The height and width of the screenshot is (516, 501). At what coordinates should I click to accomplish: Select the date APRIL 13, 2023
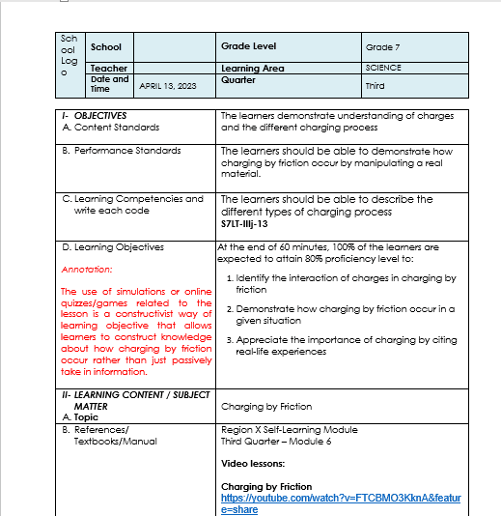(168, 86)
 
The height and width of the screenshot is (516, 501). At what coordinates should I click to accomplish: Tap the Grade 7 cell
(379, 47)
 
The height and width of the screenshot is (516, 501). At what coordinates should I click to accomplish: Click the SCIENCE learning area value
(383, 69)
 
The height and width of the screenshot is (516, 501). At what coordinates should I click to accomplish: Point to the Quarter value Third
(375, 86)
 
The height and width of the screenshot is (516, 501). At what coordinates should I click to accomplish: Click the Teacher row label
(108, 69)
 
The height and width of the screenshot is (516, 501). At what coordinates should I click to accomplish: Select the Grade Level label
(248, 46)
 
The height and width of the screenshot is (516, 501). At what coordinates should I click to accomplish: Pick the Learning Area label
(253, 69)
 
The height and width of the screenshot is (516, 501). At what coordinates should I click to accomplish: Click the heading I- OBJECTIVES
(94, 116)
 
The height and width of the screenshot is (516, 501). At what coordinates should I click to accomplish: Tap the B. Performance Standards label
(121, 151)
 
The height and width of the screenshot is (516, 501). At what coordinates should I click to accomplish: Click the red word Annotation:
(86, 270)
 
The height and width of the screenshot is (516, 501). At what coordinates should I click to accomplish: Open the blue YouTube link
(341, 503)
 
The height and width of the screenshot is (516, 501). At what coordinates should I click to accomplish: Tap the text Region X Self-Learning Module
(289, 430)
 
